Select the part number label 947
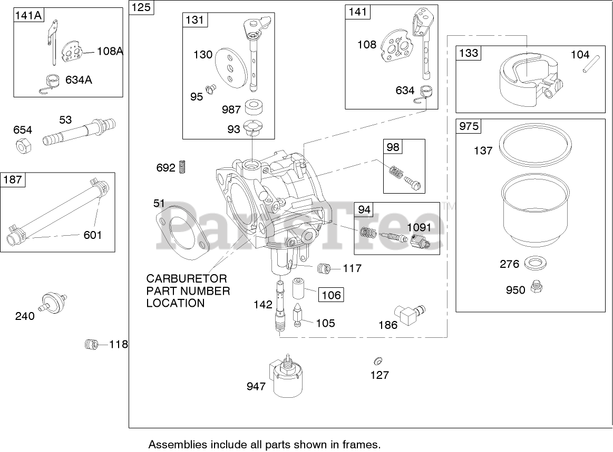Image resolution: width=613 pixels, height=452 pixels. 256,387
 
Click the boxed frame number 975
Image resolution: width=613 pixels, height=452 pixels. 469,127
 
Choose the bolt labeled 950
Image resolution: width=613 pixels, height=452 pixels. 538,287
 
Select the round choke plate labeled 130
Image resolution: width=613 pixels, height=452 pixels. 227,66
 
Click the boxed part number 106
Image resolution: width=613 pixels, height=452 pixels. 332,295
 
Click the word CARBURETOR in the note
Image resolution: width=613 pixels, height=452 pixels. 187,278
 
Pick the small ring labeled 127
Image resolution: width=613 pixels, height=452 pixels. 377,361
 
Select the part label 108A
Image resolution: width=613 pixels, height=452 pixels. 110,51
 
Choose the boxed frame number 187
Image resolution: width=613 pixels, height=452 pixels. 13,180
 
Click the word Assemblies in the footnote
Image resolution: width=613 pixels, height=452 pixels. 173,444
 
